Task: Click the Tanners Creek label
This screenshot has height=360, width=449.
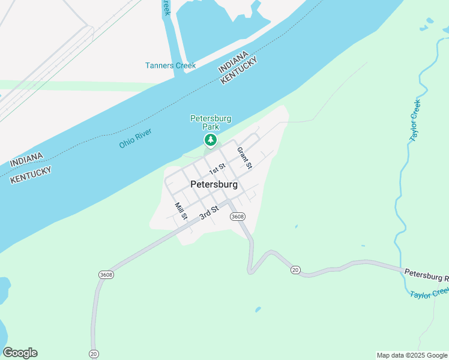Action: [x=170, y=65]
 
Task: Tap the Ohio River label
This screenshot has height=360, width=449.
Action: [x=136, y=138]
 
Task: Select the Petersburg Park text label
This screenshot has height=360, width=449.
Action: [x=211, y=122]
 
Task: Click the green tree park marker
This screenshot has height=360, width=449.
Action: [x=210, y=140]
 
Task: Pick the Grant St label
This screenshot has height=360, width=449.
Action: [x=244, y=158]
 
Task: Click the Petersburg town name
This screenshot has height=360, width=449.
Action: [x=214, y=185]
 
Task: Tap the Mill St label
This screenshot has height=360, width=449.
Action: [x=181, y=211]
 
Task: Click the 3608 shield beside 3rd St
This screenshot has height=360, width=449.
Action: [x=238, y=217]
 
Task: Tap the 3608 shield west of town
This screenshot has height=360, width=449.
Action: [x=106, y=274]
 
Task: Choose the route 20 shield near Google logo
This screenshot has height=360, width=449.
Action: [x=93, y=353]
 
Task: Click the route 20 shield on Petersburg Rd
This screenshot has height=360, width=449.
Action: [x=295, y=271]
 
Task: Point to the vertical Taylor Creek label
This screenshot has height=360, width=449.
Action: [x=415, y=120]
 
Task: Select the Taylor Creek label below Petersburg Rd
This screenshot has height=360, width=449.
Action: [x=430, y=293]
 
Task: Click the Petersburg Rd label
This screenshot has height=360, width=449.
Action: [x=426, y=275]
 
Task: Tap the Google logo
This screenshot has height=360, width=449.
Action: [x=20, y=353]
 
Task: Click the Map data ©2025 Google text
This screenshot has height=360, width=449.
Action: [x=412, y=355]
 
